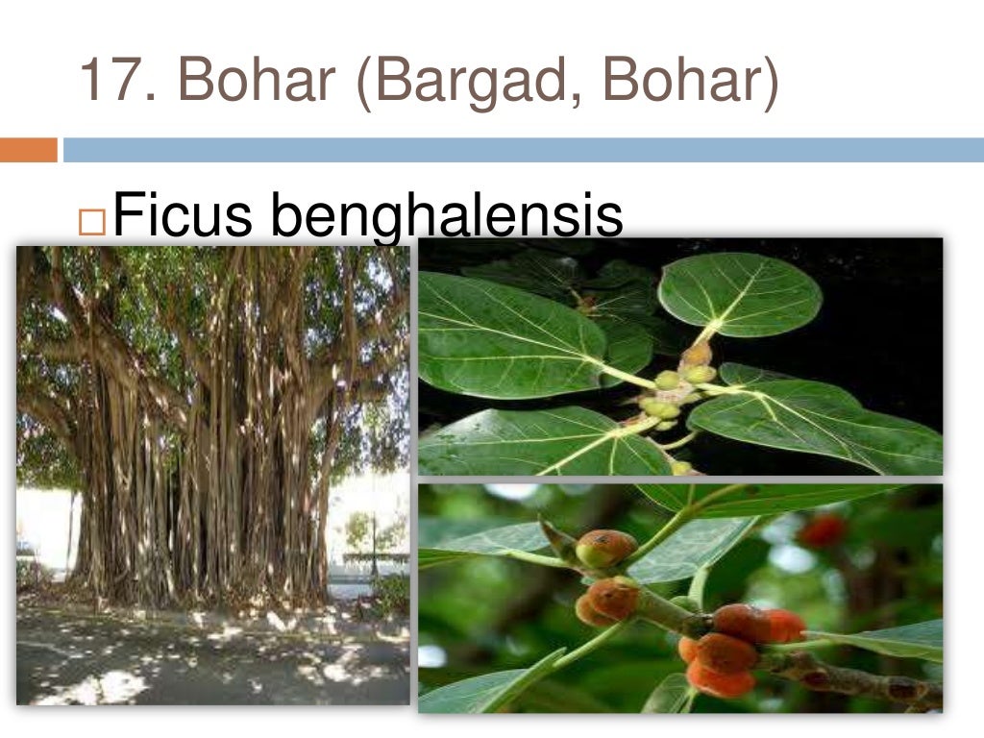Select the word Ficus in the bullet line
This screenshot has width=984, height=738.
[x=183, y=214]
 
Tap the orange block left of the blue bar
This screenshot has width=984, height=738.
[x=28, y=150]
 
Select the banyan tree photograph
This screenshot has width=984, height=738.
[x=212, y=475]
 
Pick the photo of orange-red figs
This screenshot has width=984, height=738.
[x=680, y=598]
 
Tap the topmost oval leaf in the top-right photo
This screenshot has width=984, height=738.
[x=740, y=294]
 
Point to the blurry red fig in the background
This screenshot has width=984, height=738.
[x=822, y=530]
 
